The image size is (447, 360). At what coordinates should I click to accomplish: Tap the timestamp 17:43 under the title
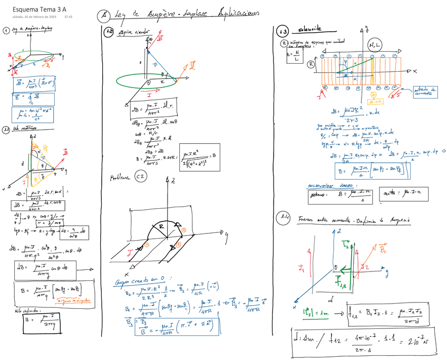pyautogui.click(x=68, y=17)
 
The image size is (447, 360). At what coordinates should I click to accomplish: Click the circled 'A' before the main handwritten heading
pyautogui.click(x=102, y=16)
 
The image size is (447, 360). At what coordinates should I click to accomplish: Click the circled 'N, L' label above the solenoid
pyautogui.click(x=376, y=45)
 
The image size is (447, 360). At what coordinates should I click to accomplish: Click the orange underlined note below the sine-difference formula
pyautogui.click(x=72, y=300)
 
